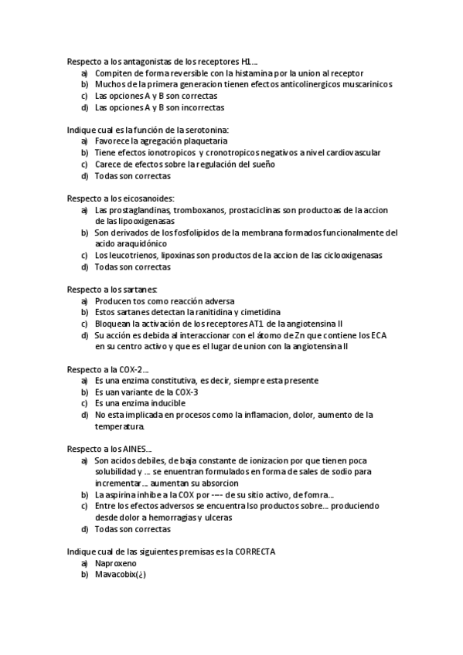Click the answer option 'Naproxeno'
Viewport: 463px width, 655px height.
click(116, 563)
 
